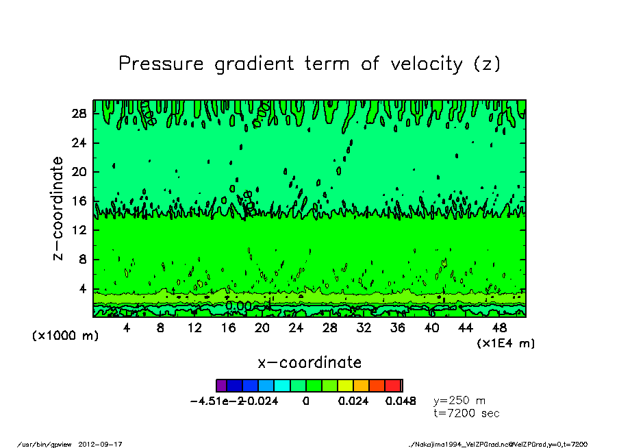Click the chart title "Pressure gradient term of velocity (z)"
click(x=309, y=64)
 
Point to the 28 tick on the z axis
click(x=79, y=114)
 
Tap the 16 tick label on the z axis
click(x=79, y=201)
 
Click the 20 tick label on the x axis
click(x=262, y=328)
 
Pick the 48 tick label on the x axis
click(x=500, y=328)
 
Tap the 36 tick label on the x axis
click(x=398, y=328)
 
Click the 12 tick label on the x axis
click(x=194, y=328)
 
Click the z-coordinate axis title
click(x=58, y=208)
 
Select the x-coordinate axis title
click(x=309, y=362)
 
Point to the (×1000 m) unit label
click(x=59, y=336)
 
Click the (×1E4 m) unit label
click(x=506, y=343)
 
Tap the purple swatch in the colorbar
click(x=220, y=386)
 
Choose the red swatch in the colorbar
click(x=393, y=386)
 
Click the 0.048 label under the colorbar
click(x=401, y=401)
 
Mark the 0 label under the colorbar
click(x=306, y=401)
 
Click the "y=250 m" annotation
click(x=460, y=401)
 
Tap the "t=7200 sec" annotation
click(x=467, y=413)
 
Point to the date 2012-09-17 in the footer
click(x=105, y=444)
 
